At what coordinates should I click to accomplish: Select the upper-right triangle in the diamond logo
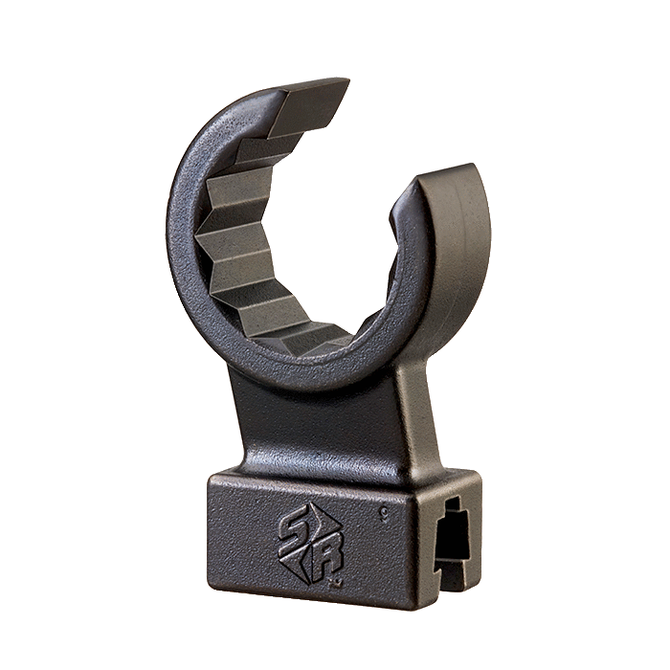coord(321,522)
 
